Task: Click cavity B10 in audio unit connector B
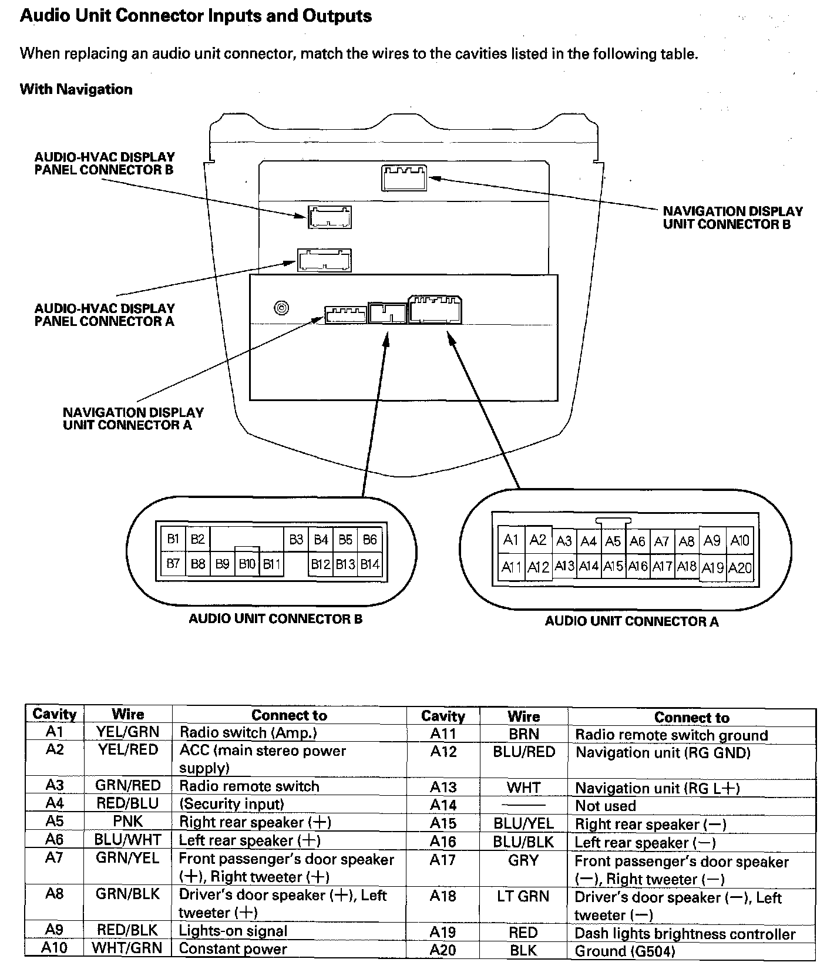pyautogui.click(x=247, y=564)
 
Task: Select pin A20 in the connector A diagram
pyautogui.click(x=739, y=568)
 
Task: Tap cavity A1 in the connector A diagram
pyautogui.click(x=510, y=540)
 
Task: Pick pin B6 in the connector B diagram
pyautogui.click(x=369, y=539)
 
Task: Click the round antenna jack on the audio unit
pyautogui.click(x=282, y=308)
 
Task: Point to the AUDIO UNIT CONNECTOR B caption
pyautogui.click(x=275, y=619)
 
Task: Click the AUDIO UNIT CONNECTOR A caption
pyautogui.click(x=631, y=621)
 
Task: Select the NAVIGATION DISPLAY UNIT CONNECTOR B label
pyautogui.click(x=732, y=217)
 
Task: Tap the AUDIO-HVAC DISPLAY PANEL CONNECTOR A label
pyautogui.click(x=105, y=315)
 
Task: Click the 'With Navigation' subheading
pyautogui.click(x=76, y=89)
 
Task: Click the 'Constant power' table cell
pyautogui.click(x=233, y=948)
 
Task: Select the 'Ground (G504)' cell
pyautogui.click(x=625, y=951)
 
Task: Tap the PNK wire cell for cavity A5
pyautogui.click(x=128, y=821)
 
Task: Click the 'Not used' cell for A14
pyautogui.click(x=606, y=806)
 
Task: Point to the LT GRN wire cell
pyautogui.click(x=523, y=897)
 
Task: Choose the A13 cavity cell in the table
pyautogui.click(x=443, y=788)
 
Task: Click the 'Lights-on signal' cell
pyautogui.click(x=233, y=931)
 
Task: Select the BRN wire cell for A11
pyautogui.click(x=523, y=734)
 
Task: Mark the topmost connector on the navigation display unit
pyautogui.click(x=404, y=178)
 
